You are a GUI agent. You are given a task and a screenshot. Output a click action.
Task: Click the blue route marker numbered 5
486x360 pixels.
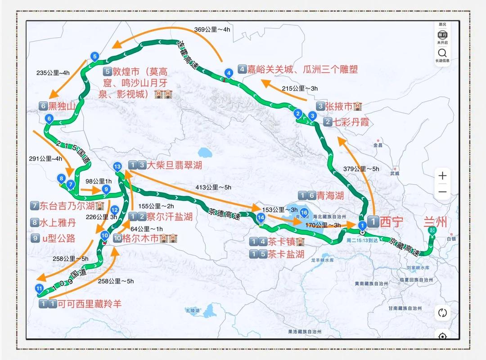click(x=94, y=56)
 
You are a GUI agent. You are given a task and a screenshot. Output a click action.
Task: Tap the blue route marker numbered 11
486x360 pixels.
click(x=39, y=288)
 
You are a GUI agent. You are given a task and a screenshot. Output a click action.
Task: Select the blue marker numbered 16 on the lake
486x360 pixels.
click(x=304, y=213)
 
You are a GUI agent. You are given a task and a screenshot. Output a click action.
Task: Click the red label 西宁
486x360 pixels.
click(x=391, y=222)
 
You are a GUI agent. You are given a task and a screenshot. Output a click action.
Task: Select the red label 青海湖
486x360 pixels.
click(x=330, y=196)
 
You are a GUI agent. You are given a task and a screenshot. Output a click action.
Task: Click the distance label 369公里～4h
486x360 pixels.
click(x=212, y=29)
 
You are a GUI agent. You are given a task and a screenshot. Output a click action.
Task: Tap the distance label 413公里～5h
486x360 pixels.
click(x=213, y=187)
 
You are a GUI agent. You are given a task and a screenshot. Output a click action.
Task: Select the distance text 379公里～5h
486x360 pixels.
click(x=360, y=169)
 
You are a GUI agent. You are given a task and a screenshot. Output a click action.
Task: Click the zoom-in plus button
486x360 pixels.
click(x=442, y=176)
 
